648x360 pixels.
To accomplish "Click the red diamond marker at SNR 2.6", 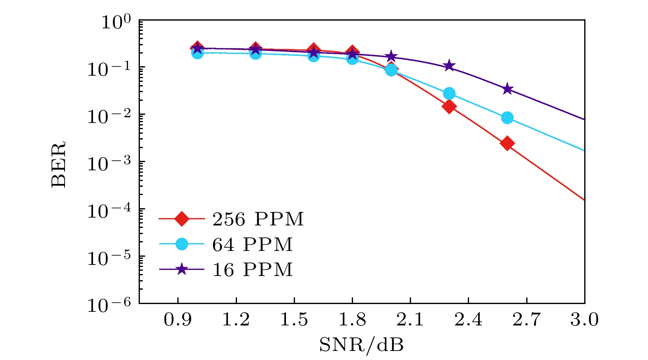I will tap(507, 144).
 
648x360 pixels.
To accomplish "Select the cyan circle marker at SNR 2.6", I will tap(507, 118).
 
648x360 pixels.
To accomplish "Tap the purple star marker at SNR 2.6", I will tap(507, 89).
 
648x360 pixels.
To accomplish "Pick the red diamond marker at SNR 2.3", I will tap(449, 107).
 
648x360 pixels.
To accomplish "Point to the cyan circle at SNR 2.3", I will tap(449, 94).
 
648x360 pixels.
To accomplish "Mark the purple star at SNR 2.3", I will tap(449, 66).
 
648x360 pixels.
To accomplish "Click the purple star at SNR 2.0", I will tap(391, 56).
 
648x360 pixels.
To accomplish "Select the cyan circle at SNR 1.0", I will tap(197, 53).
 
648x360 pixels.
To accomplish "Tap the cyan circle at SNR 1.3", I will tap(255, 53).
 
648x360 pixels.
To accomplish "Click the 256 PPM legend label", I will tap(258, 219).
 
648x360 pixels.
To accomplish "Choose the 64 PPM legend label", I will tap(252, 245).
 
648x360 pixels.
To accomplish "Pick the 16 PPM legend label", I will tap(252, 270).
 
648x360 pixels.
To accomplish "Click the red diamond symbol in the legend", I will tap(181, 219).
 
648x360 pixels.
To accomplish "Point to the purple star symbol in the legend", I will tap(181, 270).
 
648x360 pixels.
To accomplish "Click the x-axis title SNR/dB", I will tap(361, 345).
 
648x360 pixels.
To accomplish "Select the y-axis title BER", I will tap(59, 165).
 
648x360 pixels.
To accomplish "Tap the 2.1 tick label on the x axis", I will tap(410, 320).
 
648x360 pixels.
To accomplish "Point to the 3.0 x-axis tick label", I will tap(584, 320).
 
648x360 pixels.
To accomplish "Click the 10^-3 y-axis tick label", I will tap(109, 163).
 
